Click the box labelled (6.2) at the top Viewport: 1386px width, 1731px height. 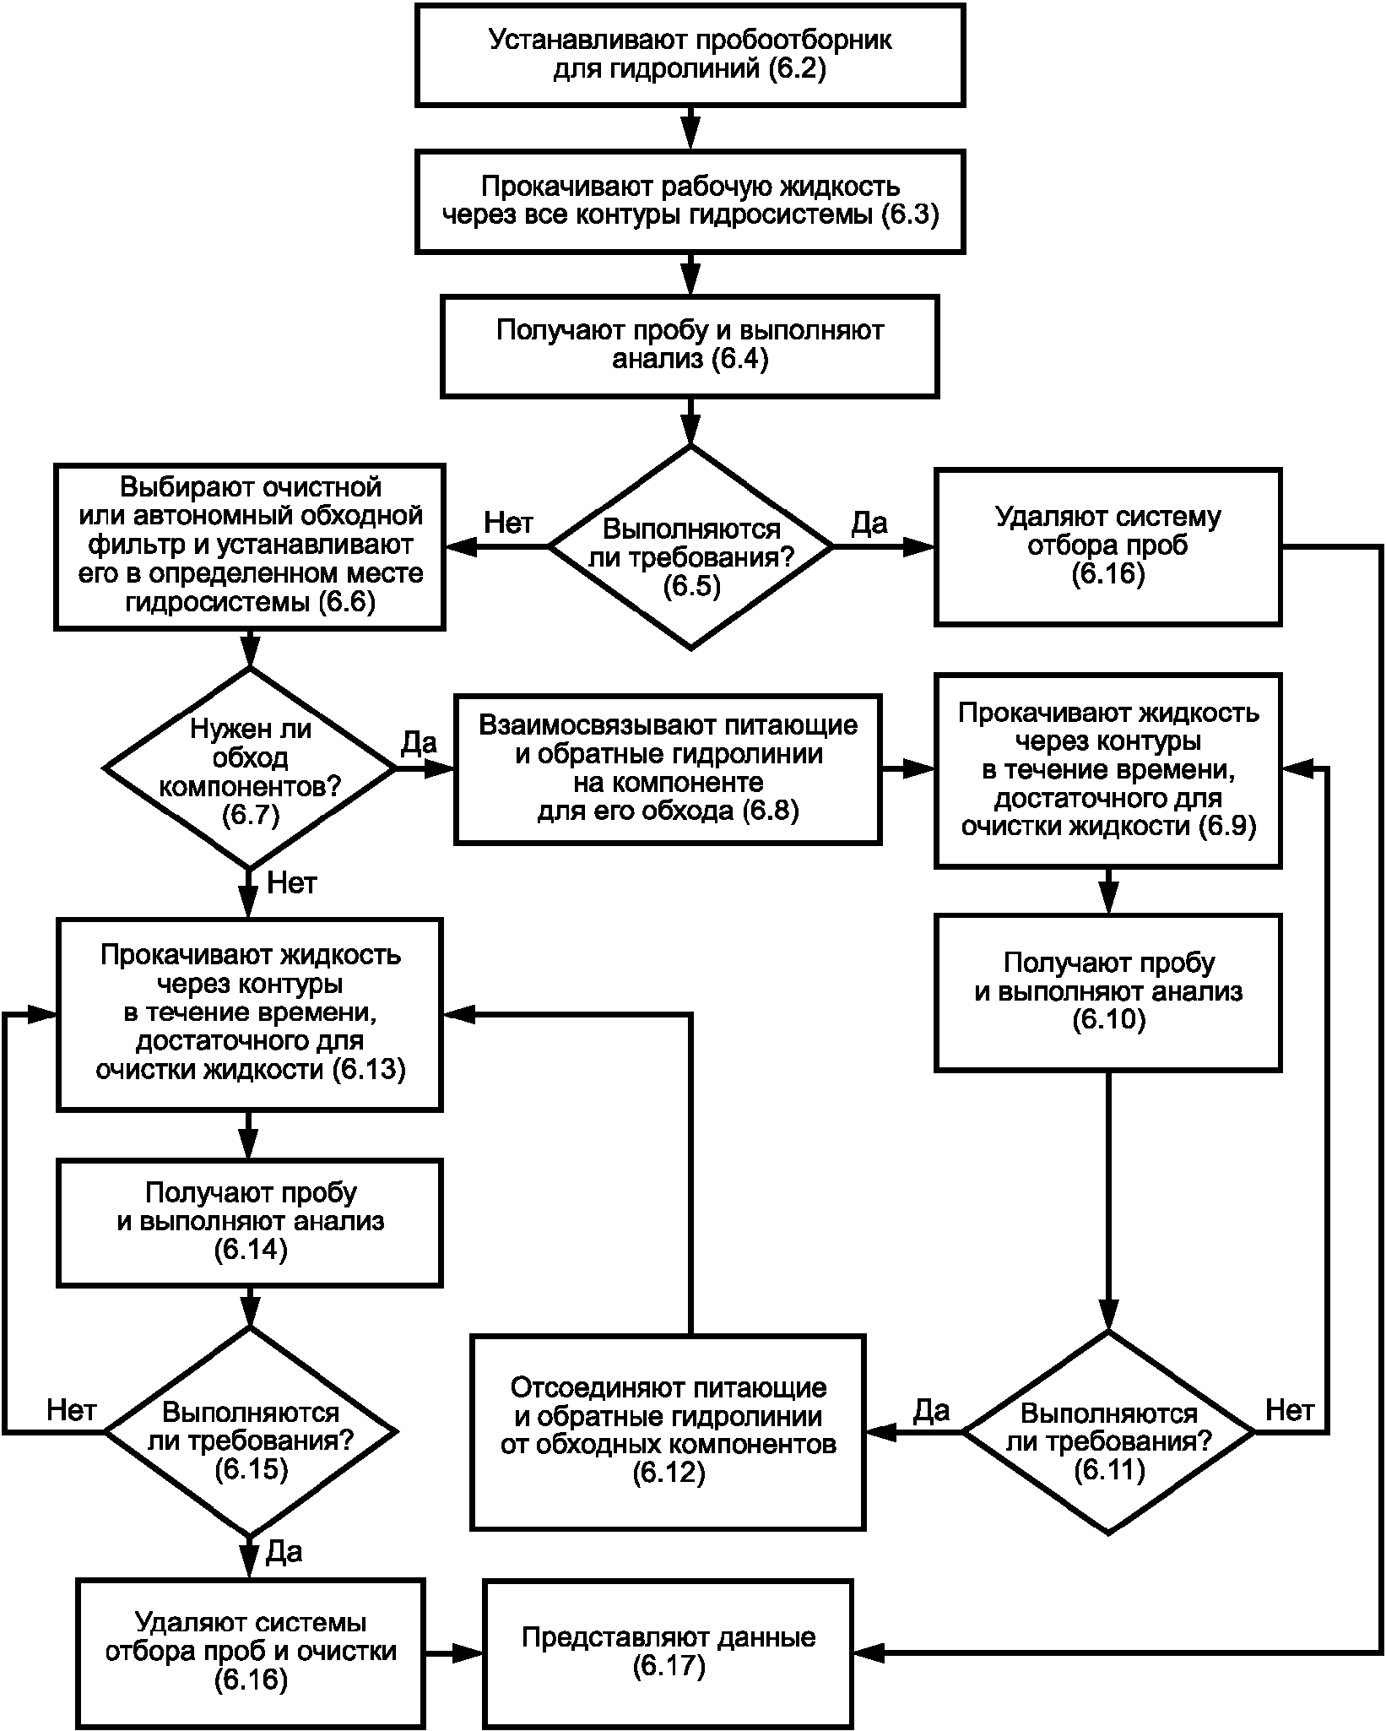point(690,54)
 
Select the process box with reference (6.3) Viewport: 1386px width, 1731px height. point(690,201)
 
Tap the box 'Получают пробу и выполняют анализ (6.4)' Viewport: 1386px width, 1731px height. point(690,345)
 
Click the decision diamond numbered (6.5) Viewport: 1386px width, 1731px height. point(690,547)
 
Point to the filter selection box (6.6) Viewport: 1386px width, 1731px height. point(250,546)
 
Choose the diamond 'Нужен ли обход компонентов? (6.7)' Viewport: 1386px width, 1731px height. point(250,768)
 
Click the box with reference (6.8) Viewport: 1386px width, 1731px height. point(668,769)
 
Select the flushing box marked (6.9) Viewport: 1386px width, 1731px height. point(1107,770)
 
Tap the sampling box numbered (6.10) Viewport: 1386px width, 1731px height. point(1107,992)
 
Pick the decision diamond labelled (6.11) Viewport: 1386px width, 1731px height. point(1108,1432)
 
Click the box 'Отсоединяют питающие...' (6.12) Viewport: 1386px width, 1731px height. point(668,1432)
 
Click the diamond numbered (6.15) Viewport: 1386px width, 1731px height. point(250,1432)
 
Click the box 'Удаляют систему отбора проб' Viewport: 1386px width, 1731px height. point(1107,546)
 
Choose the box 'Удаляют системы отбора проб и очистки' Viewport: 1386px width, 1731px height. point(250,1652)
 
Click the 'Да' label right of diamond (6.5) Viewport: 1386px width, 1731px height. point(869,524)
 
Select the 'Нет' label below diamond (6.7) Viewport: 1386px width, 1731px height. point(292,883)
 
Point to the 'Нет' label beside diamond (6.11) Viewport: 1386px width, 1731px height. point(1290,1409)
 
